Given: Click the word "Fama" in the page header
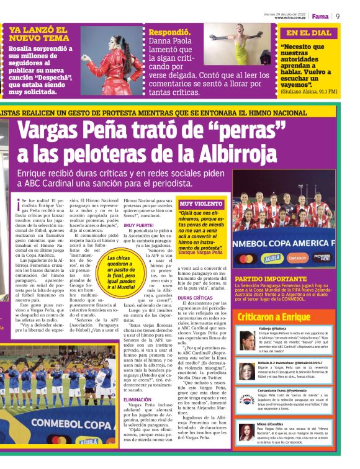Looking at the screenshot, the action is pos(320,16).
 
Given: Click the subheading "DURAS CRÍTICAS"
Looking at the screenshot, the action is pos(196,298).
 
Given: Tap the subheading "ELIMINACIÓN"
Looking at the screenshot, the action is pos(137,400).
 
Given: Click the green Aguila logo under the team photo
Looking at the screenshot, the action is pos(271,257).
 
